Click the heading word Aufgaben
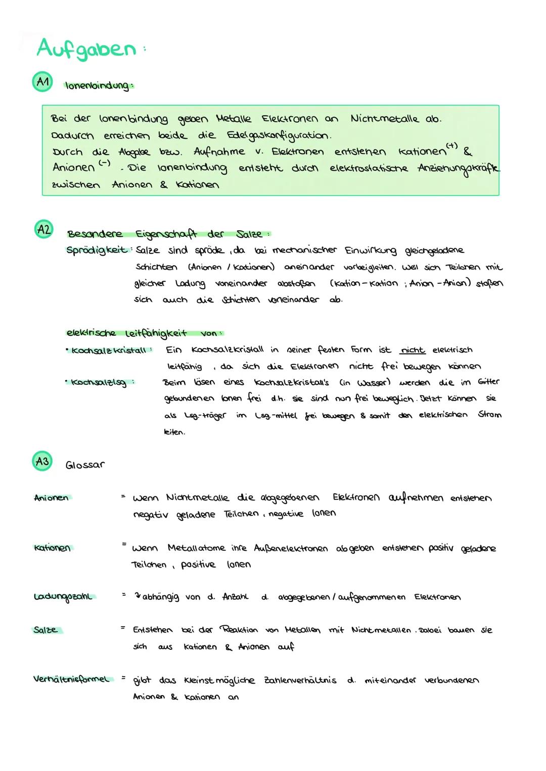click(86, 49)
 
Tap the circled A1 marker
click(43, 83)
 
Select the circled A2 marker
click(43, 230)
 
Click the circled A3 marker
click(42, 461)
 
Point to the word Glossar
click(85, 465)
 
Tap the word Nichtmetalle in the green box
click(384, 119)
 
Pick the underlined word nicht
click(413, 350)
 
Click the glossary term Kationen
click(52, 548)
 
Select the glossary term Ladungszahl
click(64, 597)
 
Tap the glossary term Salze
click(46, 630)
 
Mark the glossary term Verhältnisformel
click(71, 680)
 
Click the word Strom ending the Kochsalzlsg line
click(489, 415)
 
